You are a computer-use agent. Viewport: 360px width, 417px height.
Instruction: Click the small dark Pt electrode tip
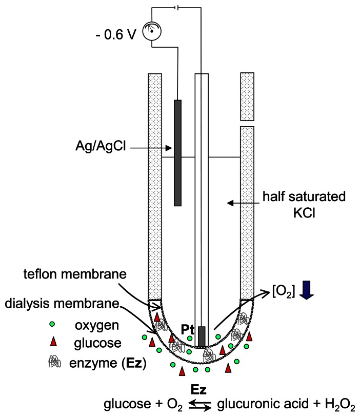(202, 336)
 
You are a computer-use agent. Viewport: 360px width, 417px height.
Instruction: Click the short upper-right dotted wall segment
(248, 96)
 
